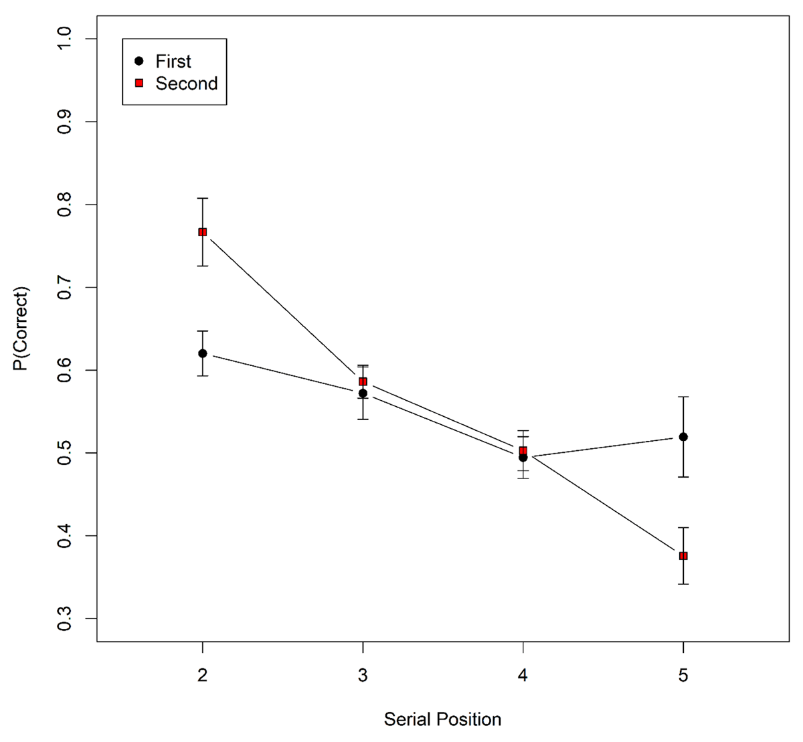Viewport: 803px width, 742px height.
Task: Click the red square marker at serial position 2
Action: pyautogui.click(x=202, y=232)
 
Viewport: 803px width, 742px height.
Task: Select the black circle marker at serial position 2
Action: pyautogui.click(x=202, y=353)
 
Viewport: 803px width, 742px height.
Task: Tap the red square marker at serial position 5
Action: pyautogui.click(x=683, y=556)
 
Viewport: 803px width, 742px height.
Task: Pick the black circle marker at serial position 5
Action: pyautogui.click(x=683, y=437)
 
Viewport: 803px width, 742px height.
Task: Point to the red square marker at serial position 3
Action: pyautogui.click(x=363, y=381)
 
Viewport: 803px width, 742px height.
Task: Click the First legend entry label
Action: pyautogui.click(x=173, y=62)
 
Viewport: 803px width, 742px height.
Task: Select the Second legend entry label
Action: pyautogui.click(x=186, y=84)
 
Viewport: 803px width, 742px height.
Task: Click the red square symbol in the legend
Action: pyautogui.click(x=139, y=84)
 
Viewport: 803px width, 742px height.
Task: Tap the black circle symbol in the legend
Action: pyautogui.click(x=139, y=62)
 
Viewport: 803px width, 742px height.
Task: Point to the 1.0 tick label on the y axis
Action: pyautogui.click(x=65, y=39)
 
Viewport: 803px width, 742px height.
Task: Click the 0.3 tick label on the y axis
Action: pyautogui.click(x=65, y=619)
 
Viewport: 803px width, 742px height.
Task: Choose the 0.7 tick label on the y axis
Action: pyautogui.click(x=65, y=288)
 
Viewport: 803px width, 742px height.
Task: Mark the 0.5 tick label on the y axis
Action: pyautogui.click(x=65, y=453)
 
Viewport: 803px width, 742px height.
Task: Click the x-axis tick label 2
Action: pyautogui.click(x=202, y=676)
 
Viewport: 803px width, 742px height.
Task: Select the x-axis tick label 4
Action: pyautogui.click(x=523, y=676)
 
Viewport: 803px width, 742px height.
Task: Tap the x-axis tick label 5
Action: pyautogui.click(x=683, y=676)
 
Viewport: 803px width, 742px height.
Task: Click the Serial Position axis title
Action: pyautogui.click(x=442, y=720)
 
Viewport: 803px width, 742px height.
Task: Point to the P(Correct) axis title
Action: pyautogui.click(x=23, y=329)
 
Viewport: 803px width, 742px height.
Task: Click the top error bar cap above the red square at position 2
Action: pyautogui.click(x=202, y=199)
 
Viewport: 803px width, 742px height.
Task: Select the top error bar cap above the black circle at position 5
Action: pyautogui.click(x=683, y=397)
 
